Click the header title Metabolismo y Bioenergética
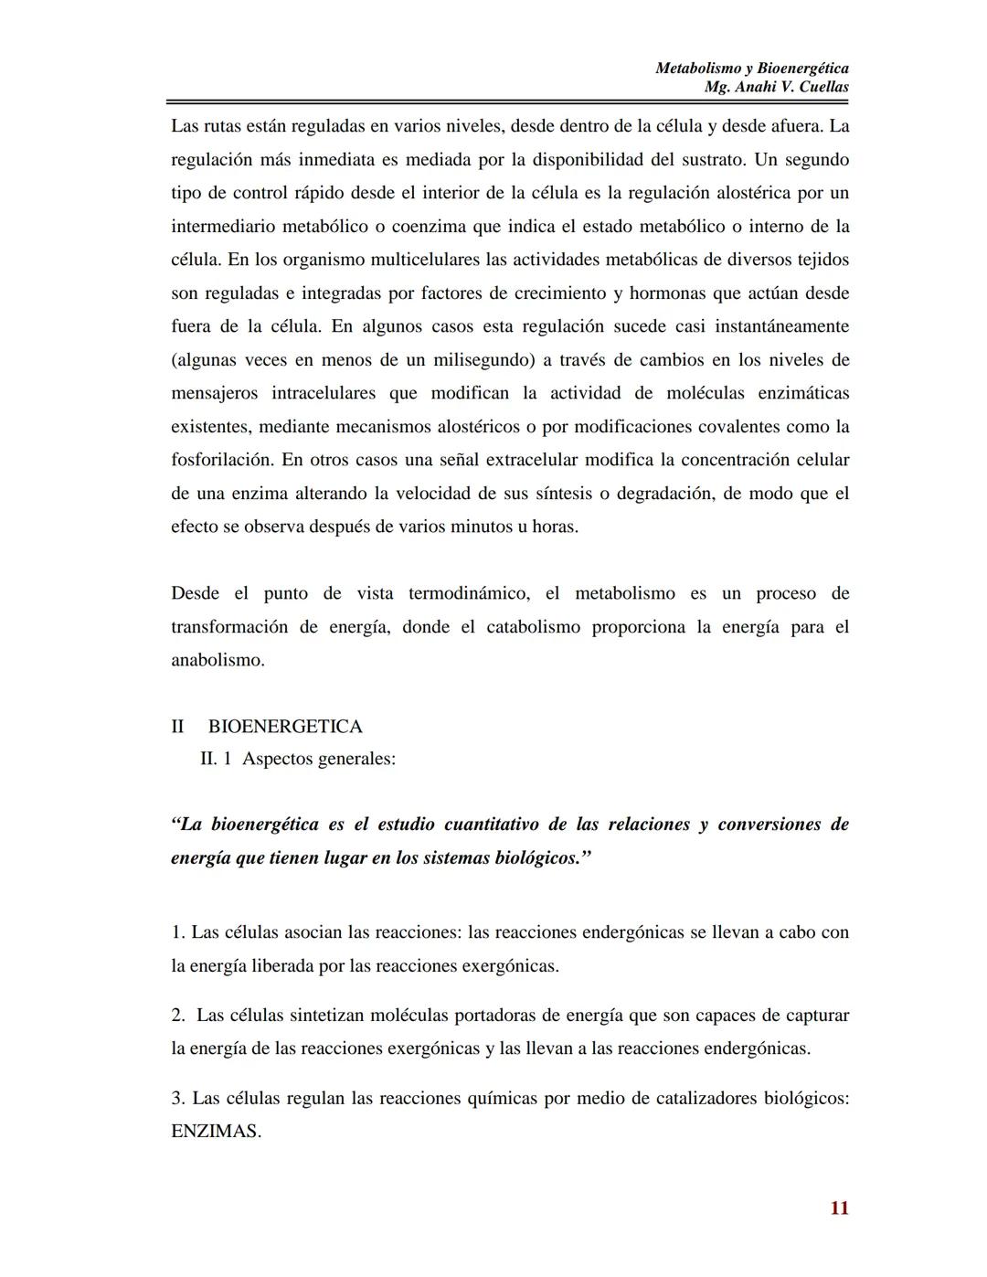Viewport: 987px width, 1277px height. [x=752, y=68]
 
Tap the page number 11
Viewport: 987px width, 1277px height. [x=840, y=1208]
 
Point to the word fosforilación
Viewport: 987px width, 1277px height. [x=222, y=460]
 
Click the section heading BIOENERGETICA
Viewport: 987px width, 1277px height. [x=285, y=727]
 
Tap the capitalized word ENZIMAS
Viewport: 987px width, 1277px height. [x=216, y=1131]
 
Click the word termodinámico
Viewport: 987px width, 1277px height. [x=468, y=593]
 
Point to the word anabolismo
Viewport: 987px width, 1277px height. [x=218, y=660]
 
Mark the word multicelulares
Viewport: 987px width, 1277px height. [x=426, y=260]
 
